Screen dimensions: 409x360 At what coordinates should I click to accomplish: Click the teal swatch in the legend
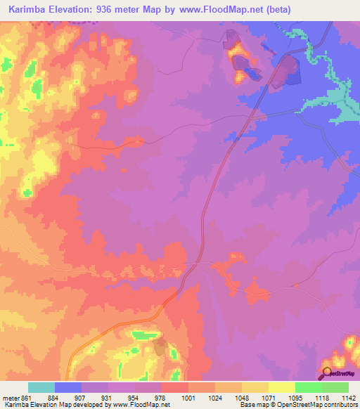41,387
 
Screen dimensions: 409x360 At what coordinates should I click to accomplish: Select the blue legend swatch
68,387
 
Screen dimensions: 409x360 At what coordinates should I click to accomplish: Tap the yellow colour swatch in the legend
282,387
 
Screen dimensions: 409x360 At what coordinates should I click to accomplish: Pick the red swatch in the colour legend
175,387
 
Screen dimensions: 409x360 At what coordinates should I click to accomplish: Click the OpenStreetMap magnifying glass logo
327,373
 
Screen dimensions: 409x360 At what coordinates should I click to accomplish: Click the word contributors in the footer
340,405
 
